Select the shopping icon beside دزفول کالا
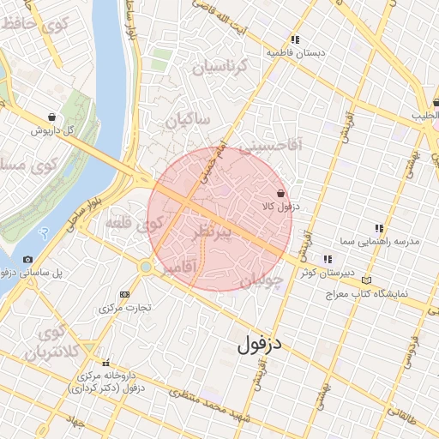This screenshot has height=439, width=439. [x=281, y=194]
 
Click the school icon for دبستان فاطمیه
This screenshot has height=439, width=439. [x=295, y=39]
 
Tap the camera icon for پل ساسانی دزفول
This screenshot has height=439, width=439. [x=27, y=259]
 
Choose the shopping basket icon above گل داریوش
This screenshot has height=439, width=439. [x=53, y=117]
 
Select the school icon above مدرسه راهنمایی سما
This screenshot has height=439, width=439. [x=379, y=228]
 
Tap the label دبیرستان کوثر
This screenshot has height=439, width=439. [x=326, y=273]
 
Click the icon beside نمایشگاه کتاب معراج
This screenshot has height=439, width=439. [x=367, y=280]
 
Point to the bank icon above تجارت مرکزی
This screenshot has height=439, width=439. [x=125, y=293]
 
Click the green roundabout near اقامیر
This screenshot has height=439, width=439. [x=147, y=268]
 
